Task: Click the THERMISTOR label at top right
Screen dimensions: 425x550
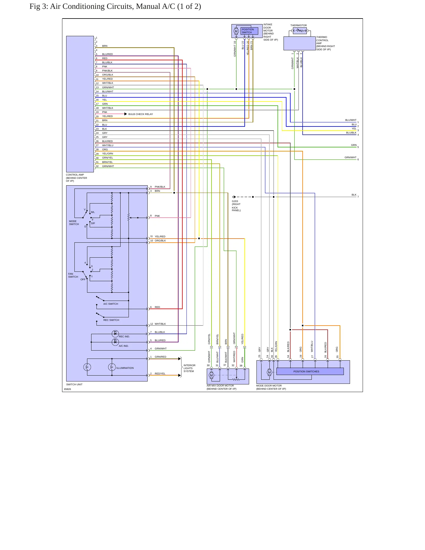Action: tap(299, 25)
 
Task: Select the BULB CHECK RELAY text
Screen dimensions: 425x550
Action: tap(141, 114)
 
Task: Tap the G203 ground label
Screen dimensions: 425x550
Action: tap(235, 201)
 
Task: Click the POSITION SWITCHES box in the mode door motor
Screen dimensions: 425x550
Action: tap(310, 371)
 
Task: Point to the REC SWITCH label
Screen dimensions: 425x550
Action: tap(111, 320)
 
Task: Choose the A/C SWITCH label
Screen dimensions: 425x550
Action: tap(111, 304)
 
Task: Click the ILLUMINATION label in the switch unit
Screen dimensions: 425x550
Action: tap(125, 368)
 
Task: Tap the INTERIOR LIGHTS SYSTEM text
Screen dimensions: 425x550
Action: tap(189, 368)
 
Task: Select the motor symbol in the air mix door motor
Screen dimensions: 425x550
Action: tap(211, 375)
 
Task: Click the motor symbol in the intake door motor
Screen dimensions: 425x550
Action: tap(236, 31)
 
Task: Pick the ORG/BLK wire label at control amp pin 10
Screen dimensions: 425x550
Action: tap(108, 75)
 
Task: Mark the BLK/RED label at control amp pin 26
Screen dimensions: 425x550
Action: tap(107, 141)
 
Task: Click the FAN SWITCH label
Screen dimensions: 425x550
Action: tap(73, 275)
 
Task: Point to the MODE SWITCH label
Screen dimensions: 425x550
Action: tap(74, 223)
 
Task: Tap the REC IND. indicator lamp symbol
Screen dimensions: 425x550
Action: tap(115, 334)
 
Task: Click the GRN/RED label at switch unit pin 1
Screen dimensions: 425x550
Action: tap(161, 357)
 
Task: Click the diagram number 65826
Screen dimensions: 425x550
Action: tap(67, 389)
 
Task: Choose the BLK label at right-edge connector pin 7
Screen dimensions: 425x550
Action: tap(354, 195)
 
